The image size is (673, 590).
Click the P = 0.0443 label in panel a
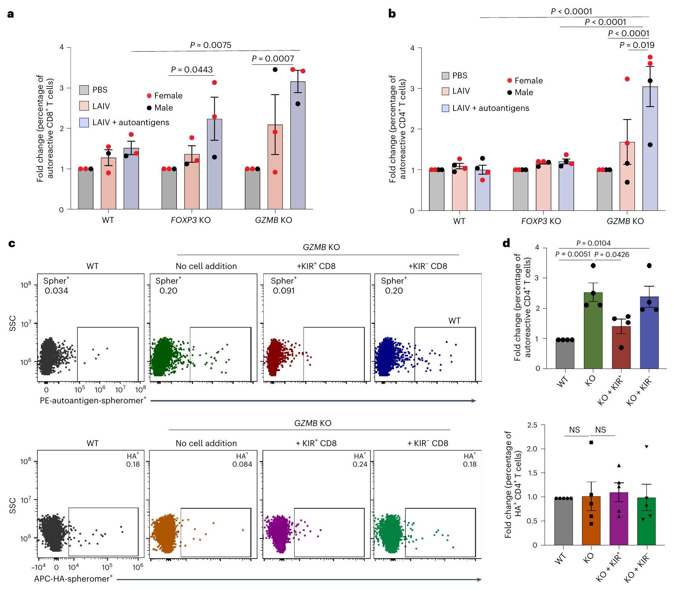click(192, 70)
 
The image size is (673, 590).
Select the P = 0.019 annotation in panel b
click(637, 45)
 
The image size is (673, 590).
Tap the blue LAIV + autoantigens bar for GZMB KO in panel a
click(298, 146)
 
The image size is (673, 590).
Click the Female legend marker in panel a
click(149, 96)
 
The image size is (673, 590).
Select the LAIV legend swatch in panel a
click(84, 106)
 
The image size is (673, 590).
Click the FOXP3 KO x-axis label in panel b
click(541, 221)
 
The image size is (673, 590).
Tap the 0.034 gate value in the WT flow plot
click(56, 291)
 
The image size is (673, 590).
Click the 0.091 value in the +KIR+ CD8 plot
click(283, 291)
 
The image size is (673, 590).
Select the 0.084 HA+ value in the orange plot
click(242, 464)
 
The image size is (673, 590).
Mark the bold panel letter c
click(12, 243)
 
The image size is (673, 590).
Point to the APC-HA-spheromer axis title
click(73, 579)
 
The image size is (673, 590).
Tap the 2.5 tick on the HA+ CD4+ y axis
click(532, 425)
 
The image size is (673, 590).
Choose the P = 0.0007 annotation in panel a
click(273, 59)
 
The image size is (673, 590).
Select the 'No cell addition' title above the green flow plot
click(206, 266)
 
